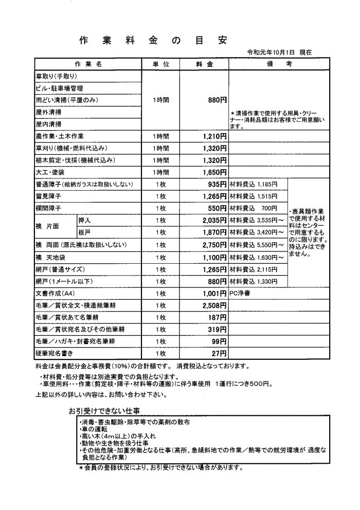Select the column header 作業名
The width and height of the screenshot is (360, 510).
(88, 64)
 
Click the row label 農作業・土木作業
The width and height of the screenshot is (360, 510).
(61, 136)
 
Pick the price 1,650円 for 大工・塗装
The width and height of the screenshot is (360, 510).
(212, 172)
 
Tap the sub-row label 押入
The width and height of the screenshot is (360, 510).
(84, 220)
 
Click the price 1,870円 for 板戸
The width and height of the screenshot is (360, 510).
(212, 231)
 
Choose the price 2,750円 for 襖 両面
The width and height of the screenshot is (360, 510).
(212, 244)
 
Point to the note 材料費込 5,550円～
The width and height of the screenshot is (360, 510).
(257, 244)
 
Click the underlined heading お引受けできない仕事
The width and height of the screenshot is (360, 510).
(105, 411)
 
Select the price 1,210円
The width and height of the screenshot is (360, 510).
(212, 136)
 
